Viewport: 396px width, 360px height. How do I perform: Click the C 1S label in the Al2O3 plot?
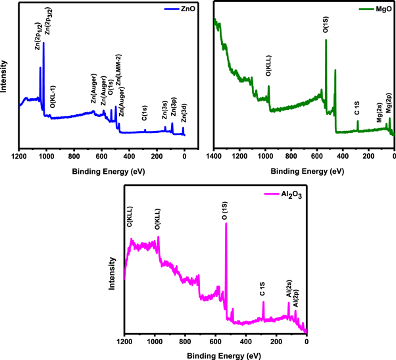click(263, 290)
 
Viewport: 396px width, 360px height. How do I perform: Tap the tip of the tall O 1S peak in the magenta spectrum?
click(226, 223)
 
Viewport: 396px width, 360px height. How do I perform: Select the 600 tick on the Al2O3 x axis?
click(215, 343)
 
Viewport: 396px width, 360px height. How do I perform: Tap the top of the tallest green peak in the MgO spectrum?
click(326, 40)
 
